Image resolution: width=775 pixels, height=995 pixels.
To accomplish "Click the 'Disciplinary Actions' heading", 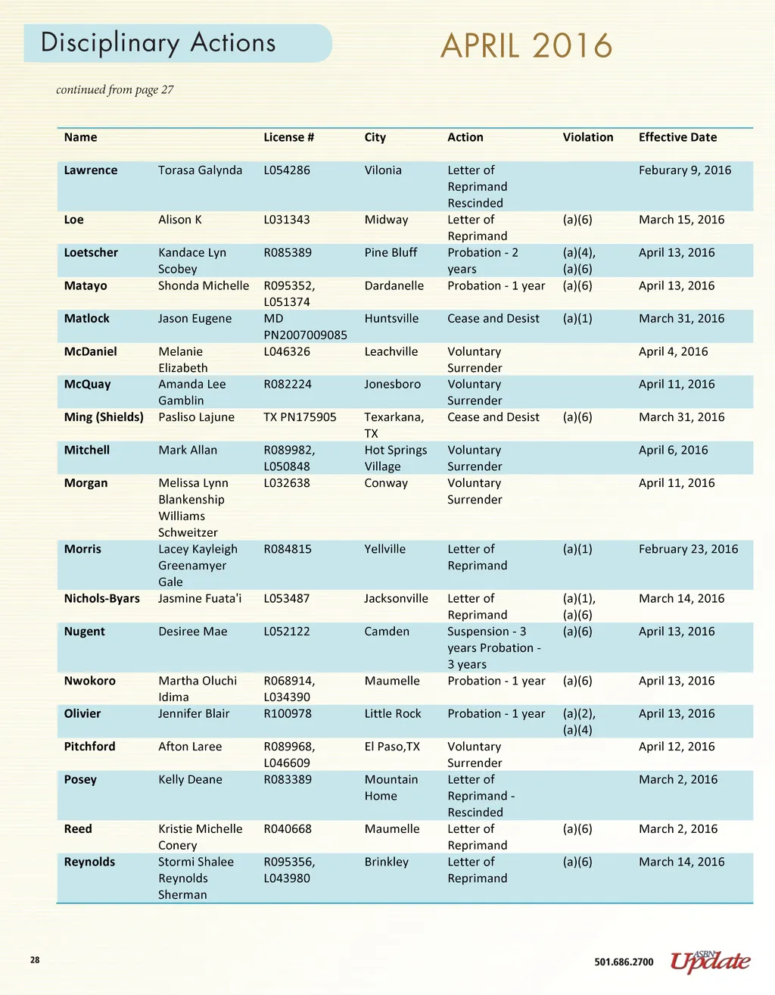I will pos(158,43).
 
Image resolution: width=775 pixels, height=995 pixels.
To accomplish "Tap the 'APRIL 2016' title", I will pos(526,46).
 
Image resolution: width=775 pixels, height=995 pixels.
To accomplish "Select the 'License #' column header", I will pos(288,137).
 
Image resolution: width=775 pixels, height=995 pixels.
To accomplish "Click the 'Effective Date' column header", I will pos(677,137).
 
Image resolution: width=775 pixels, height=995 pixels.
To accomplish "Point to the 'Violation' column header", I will pos(588,137).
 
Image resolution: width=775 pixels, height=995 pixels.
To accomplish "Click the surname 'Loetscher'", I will pos(91,253).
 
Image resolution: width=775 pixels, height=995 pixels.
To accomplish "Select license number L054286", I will pos(287,170).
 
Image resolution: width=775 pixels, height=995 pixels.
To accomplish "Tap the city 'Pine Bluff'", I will pos(391,253).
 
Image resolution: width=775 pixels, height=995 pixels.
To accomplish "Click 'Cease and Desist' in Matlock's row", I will pos(493,319).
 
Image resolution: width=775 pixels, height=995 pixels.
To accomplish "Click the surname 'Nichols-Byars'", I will pos(102,598).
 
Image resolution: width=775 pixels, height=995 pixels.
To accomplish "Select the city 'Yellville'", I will pos(384,549).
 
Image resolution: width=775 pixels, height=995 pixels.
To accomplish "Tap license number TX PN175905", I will pos(300,417).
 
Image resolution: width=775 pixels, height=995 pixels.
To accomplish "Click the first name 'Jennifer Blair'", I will pos(194,713).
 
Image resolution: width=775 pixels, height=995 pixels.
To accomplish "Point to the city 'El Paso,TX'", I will pos(392,747).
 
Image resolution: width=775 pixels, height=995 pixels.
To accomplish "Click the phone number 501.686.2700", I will pos(624,962).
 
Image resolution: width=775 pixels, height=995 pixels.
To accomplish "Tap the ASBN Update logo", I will pos(710,961).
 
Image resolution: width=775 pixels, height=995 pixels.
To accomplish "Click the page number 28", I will pos(35,960).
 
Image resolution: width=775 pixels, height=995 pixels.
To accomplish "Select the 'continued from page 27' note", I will pos(115,90).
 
